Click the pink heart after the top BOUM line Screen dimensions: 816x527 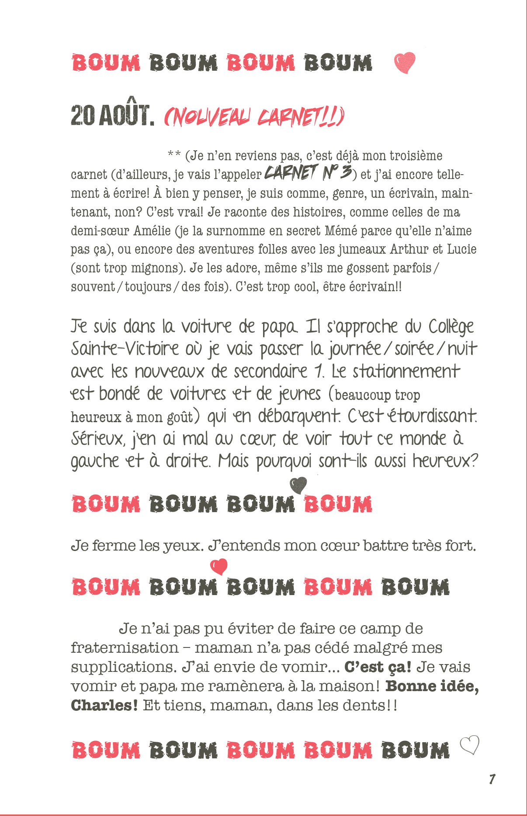405,63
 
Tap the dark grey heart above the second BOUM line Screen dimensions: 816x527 298,485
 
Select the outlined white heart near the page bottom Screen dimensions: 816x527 470,745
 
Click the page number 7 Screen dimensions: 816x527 492,779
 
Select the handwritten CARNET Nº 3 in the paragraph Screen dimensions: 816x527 308,173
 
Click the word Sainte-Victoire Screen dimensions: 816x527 125,348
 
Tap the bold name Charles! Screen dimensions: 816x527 104,705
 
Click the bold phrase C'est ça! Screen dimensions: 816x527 378,667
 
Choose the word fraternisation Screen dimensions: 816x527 125,647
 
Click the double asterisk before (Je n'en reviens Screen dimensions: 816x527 174,155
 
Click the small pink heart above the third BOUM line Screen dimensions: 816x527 219,566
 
